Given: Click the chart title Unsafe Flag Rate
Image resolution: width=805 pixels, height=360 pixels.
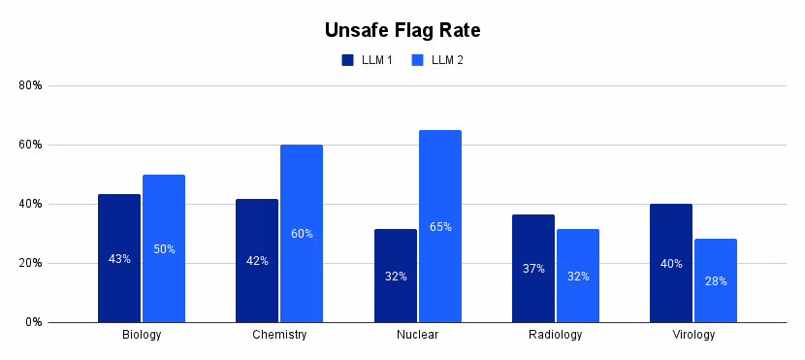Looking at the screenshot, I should (402, 30).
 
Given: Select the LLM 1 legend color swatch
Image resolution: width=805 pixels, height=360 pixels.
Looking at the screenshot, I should (347, 60).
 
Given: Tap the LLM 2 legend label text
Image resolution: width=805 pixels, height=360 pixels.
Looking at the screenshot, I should (447, 60).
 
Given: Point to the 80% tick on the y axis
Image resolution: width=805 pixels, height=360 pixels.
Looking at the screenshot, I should (31, 85).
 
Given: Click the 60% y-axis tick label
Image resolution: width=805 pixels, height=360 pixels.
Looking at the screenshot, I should (31, 145).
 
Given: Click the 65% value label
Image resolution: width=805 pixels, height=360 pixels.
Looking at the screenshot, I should (440, 227).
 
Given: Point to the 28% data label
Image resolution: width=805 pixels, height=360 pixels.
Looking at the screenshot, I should (716, 281).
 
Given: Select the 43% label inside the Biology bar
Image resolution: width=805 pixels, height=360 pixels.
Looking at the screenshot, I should (119, 259).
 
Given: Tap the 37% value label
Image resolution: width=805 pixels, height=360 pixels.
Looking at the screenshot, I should (533, 269).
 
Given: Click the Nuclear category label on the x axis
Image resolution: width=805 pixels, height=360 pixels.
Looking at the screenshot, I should (418, 335).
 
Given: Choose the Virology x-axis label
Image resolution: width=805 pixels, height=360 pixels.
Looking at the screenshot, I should (693, 335).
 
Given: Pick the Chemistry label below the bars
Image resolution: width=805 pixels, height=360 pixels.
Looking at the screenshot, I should (279, 335).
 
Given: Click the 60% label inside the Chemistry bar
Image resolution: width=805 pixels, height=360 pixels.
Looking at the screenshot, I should (302, 234).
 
